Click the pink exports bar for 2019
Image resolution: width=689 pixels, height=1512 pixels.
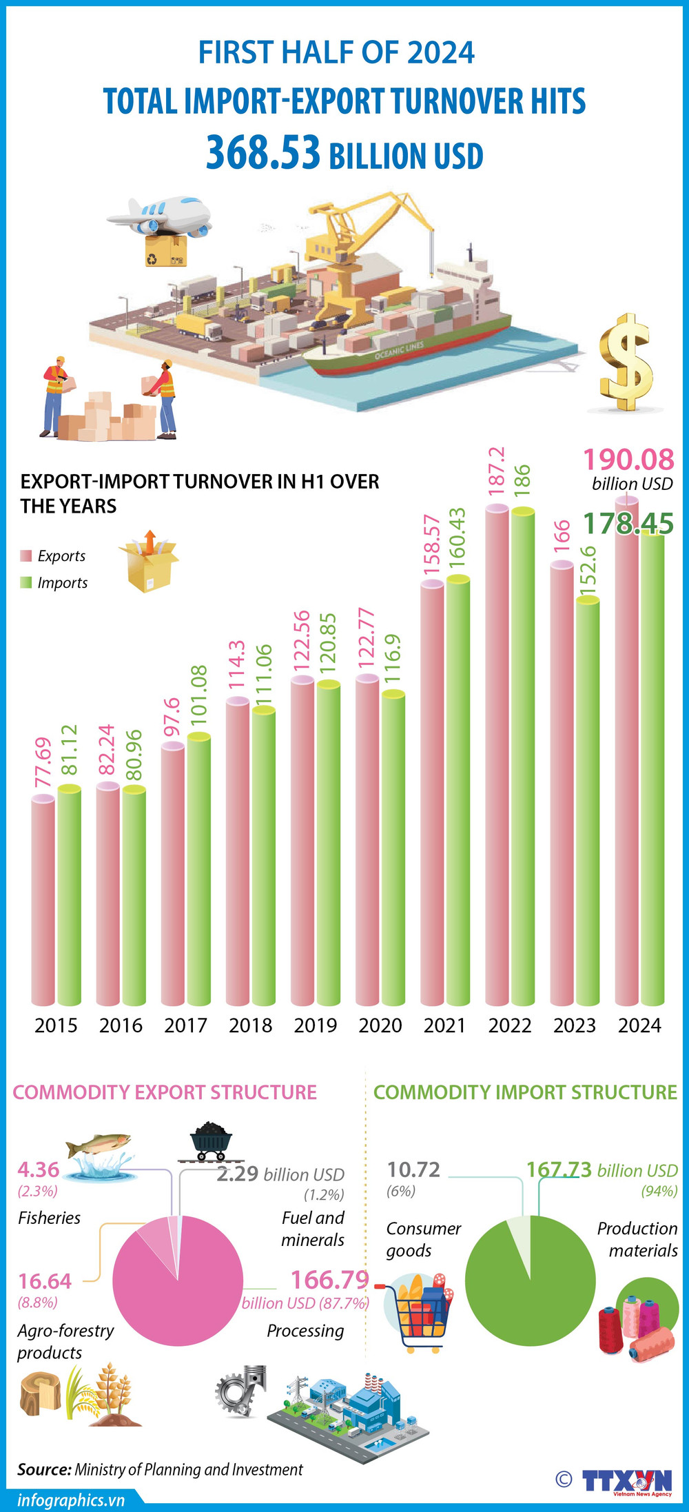(302, 841)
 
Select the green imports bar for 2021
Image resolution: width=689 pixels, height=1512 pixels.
(457, 793)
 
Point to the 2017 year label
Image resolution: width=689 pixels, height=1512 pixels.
(185, 1025)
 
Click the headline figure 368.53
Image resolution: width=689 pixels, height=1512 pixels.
(263, 153)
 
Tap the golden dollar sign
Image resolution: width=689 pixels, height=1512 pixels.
(625, 363)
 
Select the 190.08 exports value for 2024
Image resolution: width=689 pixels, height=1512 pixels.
(628, 460)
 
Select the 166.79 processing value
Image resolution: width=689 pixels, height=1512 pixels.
(329, 1280)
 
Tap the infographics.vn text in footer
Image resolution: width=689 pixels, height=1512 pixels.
(71, 1500)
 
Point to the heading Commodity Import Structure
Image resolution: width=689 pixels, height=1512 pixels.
(525, 1092)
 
